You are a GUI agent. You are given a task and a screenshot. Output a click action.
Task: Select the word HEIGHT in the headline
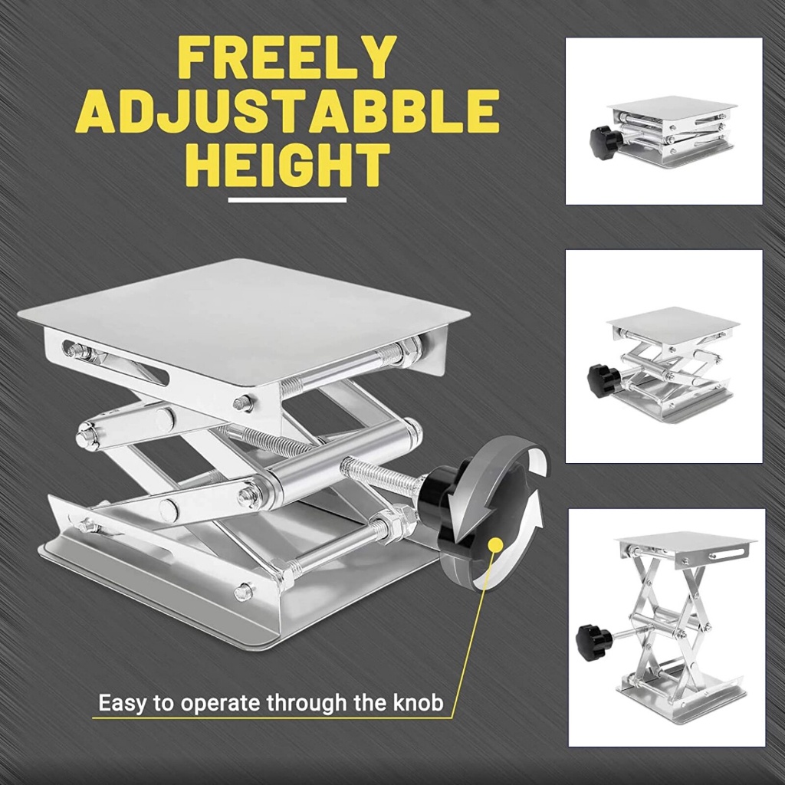click(287, 165)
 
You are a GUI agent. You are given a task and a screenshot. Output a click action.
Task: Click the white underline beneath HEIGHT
click(287, 200)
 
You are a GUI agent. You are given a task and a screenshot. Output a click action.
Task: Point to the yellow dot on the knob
click(494, 547)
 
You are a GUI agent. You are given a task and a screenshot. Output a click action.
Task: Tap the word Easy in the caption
click(123, 703)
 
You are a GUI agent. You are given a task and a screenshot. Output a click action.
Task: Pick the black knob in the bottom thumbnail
click(593, 642)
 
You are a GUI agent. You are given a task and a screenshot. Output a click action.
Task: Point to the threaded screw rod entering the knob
click(379, 475)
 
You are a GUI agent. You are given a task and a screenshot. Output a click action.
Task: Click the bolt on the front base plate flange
click(244, 591)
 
